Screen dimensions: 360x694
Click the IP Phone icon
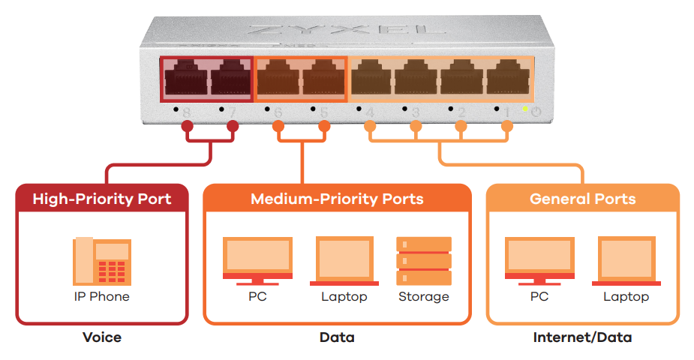point(102,261)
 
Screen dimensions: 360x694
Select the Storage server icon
point(423,261)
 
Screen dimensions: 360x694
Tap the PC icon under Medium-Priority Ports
point(257,261)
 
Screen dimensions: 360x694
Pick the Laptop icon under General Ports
point(626,261)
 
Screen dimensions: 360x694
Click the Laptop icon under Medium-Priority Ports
point(344,261)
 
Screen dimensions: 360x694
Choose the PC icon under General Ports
point(539,261)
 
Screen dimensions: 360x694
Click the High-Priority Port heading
point(102,199)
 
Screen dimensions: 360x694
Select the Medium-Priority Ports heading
point(337,199)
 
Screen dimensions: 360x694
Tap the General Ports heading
point(582,199)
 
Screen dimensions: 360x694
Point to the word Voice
point(102,337)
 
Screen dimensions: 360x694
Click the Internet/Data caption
point(582,337)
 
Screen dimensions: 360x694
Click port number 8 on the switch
point(186,112)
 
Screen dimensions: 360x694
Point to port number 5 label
point(323,112)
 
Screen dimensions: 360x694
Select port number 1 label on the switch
point(506,112)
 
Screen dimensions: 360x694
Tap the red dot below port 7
point(233,127)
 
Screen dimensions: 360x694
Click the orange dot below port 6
point(278,127)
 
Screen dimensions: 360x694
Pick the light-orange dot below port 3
point(415,127)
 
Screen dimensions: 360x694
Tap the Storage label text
point(423,297)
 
